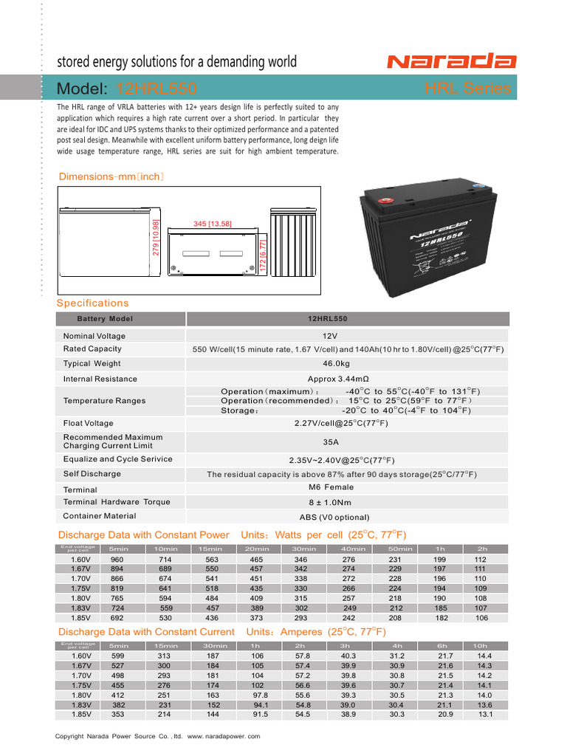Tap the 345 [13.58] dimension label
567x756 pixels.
point(212,224)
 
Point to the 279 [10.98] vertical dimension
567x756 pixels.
point(156,237)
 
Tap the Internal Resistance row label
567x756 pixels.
point(100,379)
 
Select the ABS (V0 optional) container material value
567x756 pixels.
point(334,517)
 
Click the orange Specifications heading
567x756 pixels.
point(92,303)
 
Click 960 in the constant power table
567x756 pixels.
point(117,560)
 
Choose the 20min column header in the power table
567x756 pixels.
point(257,549)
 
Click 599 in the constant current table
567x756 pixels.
point(117,656)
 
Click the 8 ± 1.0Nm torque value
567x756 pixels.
point(331,502)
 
